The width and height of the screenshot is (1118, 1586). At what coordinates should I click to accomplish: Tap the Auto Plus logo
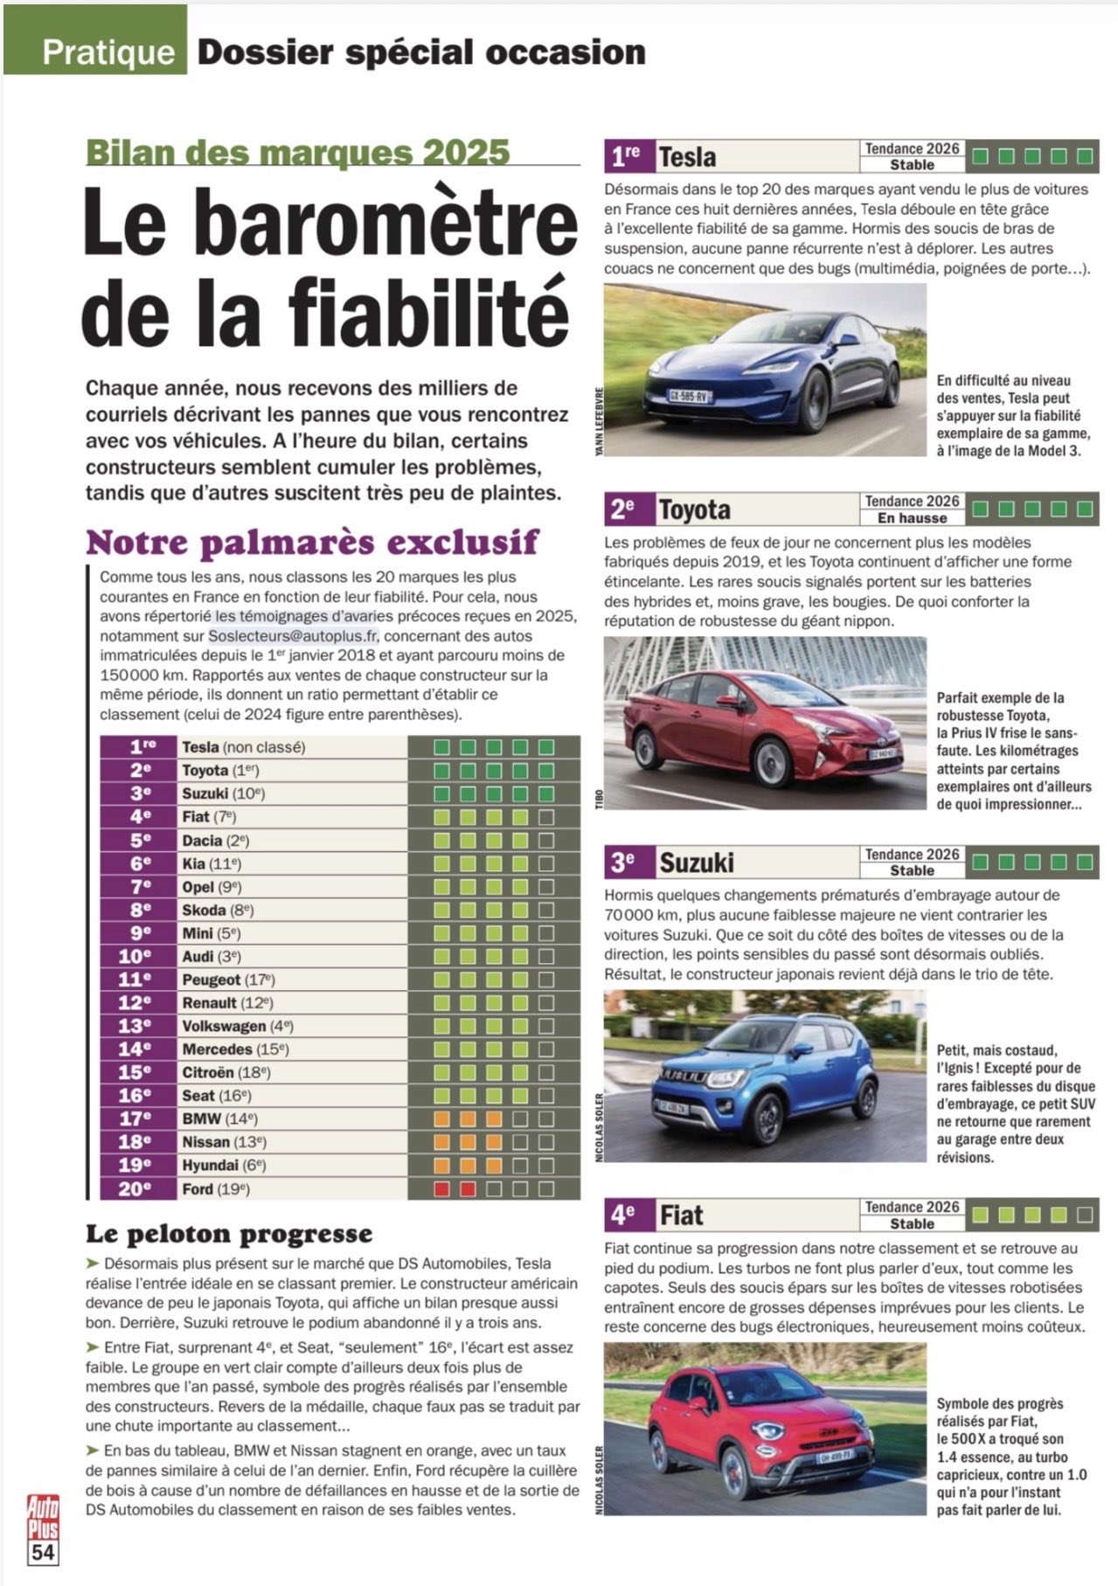43,1517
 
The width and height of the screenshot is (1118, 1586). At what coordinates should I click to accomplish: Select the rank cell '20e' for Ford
135,1188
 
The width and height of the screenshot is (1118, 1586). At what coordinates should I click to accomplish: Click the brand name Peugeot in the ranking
211,980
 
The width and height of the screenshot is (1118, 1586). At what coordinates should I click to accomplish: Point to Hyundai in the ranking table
210,1166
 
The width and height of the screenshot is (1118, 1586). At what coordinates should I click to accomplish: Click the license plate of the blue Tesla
690,395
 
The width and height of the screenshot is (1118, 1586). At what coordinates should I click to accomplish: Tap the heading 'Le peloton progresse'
228,1234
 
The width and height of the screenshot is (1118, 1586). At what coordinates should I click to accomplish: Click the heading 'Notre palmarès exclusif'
312,543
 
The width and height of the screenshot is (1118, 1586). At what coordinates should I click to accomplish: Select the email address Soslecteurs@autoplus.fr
295,635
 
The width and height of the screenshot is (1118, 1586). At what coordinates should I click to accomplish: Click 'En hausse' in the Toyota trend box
912,518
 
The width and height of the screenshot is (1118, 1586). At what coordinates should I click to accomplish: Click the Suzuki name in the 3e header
696,862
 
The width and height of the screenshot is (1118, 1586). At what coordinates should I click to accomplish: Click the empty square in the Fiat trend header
1084,1215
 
